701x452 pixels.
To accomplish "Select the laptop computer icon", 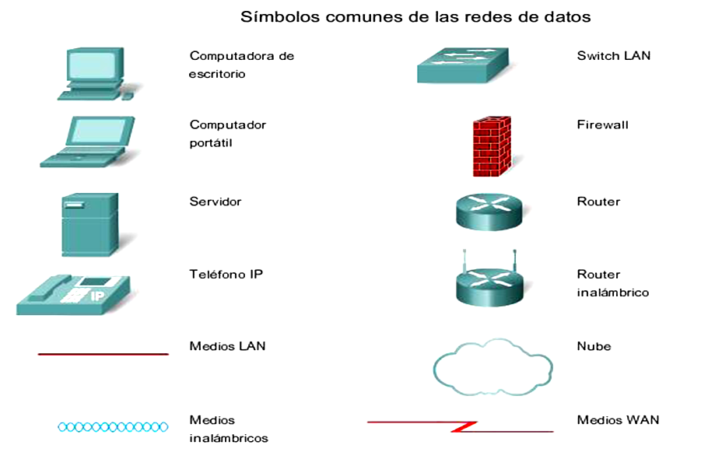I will pos(88,142).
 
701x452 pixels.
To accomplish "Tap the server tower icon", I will pos(90,224).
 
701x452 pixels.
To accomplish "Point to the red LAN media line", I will pos(103,354).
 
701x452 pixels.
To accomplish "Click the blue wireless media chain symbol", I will pos(113,426).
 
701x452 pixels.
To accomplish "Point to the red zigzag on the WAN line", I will pos(464,426).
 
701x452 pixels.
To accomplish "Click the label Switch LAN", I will pos(614,56).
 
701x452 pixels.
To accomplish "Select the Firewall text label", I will pos(602,124).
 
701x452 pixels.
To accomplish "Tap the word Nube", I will pos(594,346).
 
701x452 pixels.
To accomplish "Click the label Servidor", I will pos(216,201).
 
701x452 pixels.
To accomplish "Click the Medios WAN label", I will pos(618,420).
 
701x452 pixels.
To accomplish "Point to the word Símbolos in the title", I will pos(272,16).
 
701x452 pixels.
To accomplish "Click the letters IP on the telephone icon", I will pos(98,296).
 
